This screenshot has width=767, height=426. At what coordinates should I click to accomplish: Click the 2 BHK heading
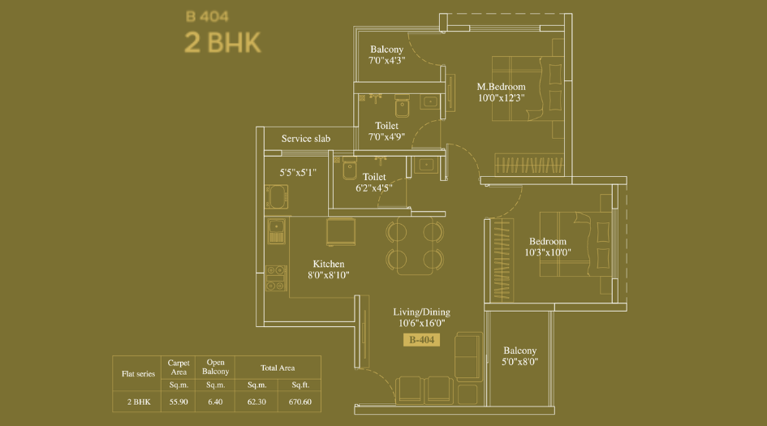222,42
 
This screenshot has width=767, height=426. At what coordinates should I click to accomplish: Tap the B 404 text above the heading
203,15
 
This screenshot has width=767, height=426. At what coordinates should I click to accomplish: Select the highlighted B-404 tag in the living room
422,340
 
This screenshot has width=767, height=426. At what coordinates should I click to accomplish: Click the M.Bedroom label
501,87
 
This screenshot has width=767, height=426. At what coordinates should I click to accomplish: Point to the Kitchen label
329,264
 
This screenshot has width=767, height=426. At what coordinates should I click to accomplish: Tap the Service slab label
306,139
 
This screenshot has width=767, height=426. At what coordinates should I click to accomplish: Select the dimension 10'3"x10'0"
548,252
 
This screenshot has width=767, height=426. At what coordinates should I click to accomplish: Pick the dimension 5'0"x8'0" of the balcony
519,362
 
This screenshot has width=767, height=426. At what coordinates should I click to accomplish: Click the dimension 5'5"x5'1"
298,172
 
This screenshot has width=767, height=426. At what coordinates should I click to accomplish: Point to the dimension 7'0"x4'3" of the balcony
386,60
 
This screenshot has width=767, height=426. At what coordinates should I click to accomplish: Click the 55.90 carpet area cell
178,402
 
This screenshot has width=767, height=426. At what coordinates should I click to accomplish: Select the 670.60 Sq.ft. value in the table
299,402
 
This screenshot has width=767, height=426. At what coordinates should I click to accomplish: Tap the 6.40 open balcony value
215,402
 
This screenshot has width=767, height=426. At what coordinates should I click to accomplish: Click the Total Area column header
278,368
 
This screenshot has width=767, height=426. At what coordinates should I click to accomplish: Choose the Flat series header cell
138,374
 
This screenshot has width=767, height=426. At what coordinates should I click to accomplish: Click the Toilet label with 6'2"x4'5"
374,177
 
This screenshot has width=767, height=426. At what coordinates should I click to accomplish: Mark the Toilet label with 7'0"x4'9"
386,126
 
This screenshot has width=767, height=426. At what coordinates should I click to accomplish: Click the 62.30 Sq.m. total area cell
256,402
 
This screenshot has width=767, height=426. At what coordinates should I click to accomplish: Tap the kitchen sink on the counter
276,230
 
